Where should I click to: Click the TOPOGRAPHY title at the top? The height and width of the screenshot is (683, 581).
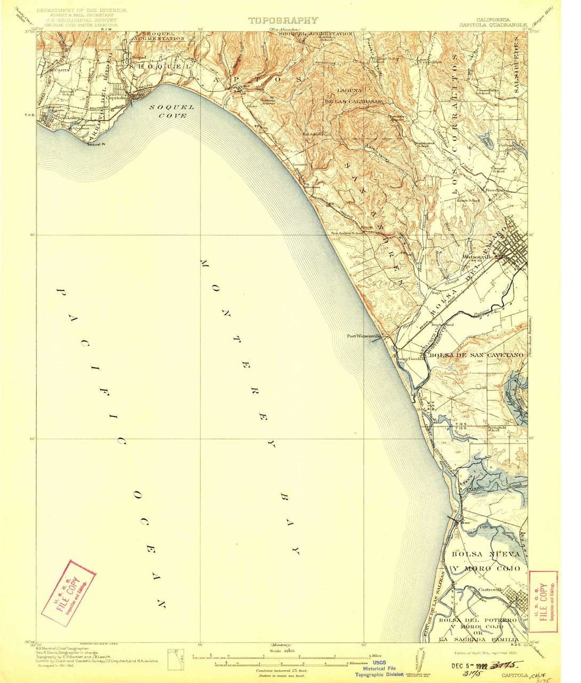[283, 20]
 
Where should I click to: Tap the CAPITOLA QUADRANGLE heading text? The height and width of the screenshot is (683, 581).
[493, 25]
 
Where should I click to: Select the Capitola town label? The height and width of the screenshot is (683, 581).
[115, 98]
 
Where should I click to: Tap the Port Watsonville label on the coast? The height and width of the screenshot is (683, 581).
[363, 336]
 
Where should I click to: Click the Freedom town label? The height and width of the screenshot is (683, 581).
[495, 189]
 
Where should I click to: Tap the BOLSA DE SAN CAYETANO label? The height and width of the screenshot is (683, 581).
[474, 355]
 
